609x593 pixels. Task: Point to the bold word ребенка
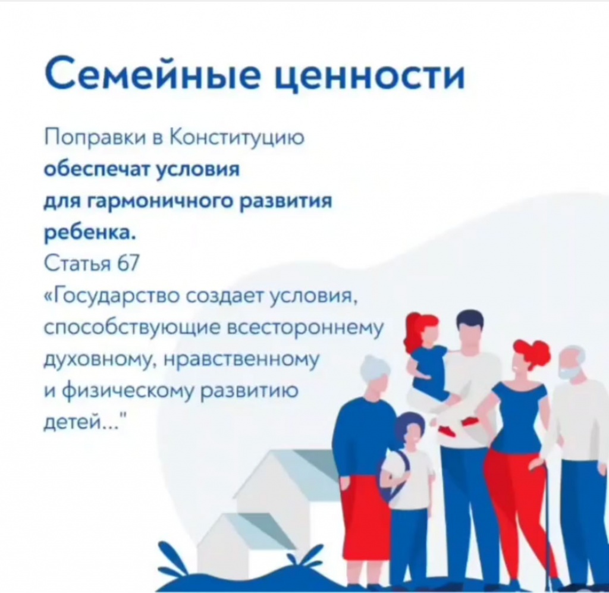tap(90, 233)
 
